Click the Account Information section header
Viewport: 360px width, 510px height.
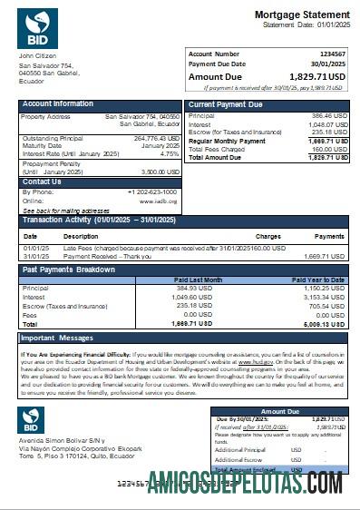click(58, 104)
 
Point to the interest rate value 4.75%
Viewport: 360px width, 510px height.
click(169, 153)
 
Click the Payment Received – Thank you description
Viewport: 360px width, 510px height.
click(99, 256)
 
